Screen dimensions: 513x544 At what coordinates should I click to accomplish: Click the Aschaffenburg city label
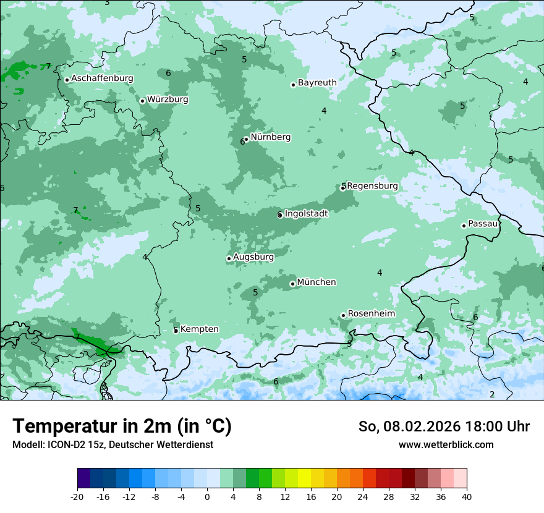[102, 78]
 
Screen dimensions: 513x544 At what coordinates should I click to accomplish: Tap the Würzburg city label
[168, 100]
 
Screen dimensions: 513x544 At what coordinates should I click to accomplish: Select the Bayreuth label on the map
[317, 83]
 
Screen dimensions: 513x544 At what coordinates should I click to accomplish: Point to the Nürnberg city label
[270, 137]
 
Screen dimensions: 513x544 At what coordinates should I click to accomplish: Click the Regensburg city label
[372, 186]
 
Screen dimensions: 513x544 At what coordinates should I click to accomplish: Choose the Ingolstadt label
[306, 214]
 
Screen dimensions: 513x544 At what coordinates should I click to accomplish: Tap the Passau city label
[483, 224]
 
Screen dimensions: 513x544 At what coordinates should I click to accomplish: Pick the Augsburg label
[253, 257]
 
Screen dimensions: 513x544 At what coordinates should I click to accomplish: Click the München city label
[317, 282]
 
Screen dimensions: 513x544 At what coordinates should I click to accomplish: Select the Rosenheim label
[371, 314]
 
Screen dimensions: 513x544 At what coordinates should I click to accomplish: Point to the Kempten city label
[199, 329]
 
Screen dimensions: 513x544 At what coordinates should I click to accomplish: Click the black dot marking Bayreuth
[294, 85]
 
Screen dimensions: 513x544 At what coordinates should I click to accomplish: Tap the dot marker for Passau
[464, 226]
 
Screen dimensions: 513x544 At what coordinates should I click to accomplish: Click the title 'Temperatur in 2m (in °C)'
[122, 426]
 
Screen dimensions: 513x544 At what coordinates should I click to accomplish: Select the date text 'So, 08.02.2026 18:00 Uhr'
[444, 426]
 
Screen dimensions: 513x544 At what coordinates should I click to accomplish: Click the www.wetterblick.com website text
[446, 444]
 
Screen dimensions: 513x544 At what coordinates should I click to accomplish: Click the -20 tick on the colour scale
[77, 496]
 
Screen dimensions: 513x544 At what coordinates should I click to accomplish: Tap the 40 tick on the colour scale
[466, 496]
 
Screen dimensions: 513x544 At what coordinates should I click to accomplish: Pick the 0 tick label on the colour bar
[207, 496]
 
